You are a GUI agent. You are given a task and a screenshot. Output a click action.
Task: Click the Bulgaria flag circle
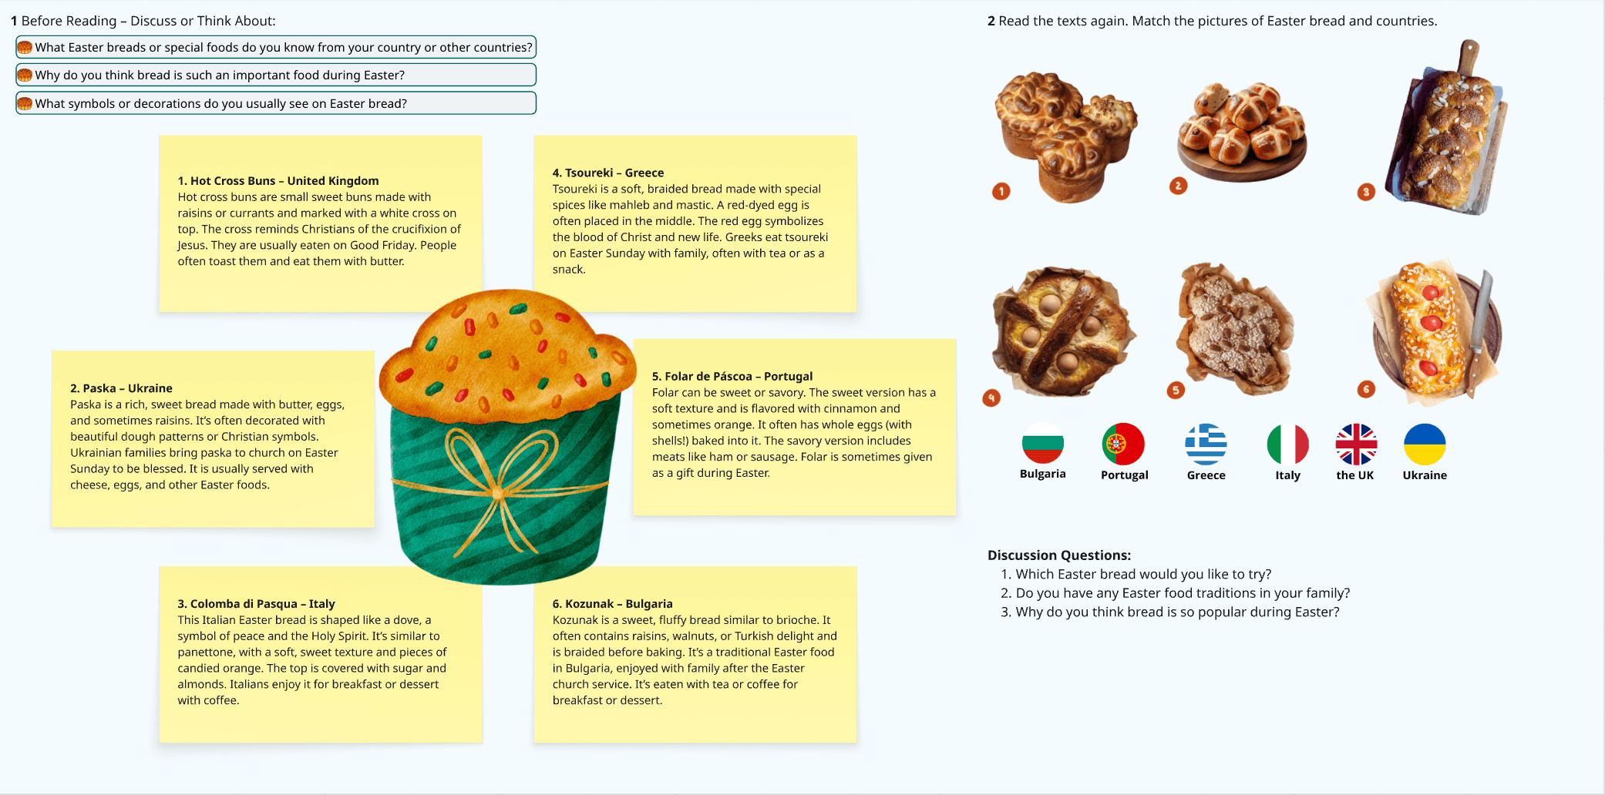pos(1042,444)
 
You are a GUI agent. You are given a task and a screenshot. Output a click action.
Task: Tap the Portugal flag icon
pos(1123,444)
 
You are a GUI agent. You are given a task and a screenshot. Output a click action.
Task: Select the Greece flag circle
pos(1206,444)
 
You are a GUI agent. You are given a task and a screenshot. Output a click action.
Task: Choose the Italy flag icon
pos(1287,444)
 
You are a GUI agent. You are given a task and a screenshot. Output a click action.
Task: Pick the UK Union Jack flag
pos(1356,444)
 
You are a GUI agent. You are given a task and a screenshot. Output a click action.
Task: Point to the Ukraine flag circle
pos(1425,444)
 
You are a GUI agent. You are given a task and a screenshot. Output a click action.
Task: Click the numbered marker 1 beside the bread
pos(1001,191)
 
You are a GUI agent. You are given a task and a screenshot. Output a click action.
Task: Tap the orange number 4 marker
pos(991,397)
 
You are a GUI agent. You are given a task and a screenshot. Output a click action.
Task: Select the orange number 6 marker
pos(1366,389)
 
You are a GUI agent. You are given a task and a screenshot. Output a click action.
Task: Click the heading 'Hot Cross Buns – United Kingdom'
pos(278,181)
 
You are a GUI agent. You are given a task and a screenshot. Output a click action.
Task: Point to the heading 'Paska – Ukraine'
pos(121,388)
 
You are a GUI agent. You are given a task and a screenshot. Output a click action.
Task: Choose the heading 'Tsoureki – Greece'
pos(607,173)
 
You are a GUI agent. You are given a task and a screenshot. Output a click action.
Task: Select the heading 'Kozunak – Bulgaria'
pos(612,604)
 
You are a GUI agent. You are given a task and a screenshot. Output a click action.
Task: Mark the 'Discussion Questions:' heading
pos(1058,555)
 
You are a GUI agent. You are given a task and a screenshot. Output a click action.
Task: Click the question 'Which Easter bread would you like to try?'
pos(1142,575)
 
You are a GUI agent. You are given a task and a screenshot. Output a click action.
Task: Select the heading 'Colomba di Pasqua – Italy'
pos(256,604)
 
